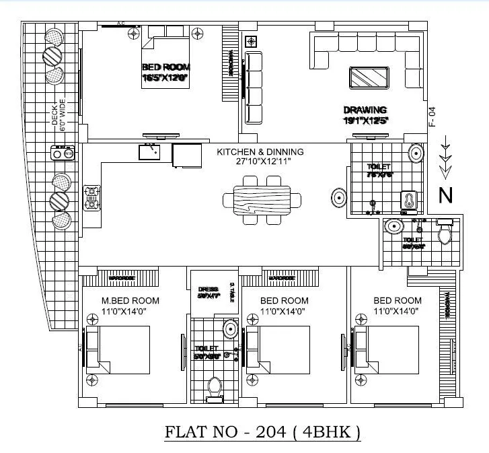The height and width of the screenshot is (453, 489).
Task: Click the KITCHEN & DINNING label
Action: (260, 152)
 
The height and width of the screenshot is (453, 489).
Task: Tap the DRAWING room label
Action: (365, 110)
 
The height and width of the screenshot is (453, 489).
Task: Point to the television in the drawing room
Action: (369, 78)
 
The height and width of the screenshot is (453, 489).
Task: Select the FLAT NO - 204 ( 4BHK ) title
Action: (263, 431)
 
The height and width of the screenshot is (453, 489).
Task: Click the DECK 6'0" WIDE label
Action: (59, 115)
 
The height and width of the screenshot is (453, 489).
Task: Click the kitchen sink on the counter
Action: (149, 152)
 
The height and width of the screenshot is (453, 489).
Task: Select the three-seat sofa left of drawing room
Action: (255, 88)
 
